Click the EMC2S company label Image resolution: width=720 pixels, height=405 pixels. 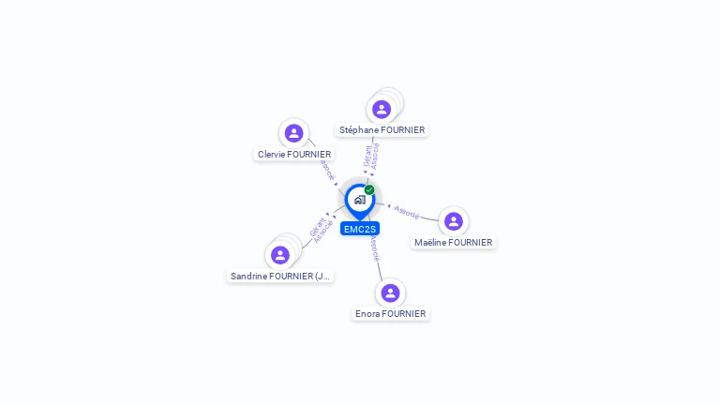coord(360,229)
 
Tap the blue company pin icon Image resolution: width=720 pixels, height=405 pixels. coord(359,200)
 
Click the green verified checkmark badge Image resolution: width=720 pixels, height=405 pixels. coord(369,190)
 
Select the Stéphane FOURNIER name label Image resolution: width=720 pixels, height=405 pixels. coord(382,130)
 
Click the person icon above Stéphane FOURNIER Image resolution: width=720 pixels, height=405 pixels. coord(382,109)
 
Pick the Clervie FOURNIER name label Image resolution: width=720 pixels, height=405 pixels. coord(294,154)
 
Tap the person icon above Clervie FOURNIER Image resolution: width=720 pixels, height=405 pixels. coord(294,133)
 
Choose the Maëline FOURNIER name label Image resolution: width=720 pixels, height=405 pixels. coord(453,242)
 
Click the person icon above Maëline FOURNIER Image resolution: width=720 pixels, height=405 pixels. coord(454,221)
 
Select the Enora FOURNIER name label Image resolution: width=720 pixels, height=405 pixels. coord(390,313)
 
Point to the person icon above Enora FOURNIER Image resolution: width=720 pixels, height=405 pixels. coord(390,292)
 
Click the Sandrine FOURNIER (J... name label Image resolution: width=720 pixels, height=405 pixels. coord(280,276)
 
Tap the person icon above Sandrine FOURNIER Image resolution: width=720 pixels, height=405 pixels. coord(279,255)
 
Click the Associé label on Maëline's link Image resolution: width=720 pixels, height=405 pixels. coord(407,212)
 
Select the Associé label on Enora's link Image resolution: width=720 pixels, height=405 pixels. coord(375,247)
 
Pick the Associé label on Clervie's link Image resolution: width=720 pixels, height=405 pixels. coord(327,170)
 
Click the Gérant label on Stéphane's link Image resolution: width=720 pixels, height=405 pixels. coord(367,157)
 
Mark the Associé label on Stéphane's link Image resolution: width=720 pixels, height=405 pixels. coord(376,156)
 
